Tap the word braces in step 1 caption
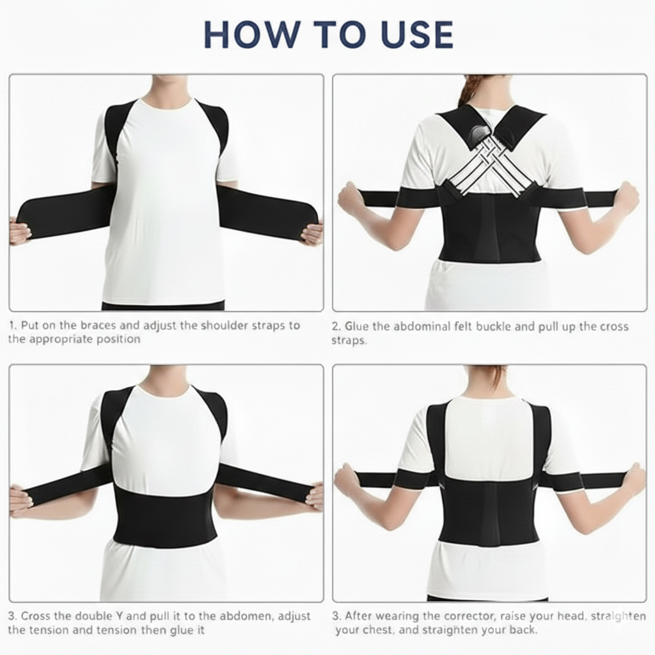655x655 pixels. coord(84,325)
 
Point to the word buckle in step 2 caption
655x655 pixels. coord(493,326)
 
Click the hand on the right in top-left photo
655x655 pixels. coord(312,233)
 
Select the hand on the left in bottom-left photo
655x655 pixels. coord(20,500)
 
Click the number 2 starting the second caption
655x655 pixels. coord(335,326)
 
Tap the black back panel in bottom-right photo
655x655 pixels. coord(491,512)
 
